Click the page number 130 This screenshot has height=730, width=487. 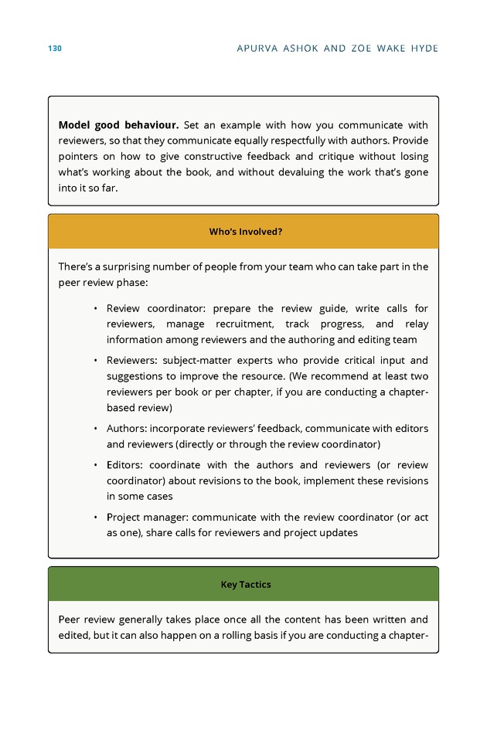[54, 49]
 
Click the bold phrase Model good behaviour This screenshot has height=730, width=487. [118, 125]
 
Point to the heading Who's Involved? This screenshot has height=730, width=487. [245, 232]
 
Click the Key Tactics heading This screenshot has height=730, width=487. [245, 585]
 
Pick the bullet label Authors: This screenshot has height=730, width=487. [126, 429]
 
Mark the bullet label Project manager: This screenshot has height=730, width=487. [147, 518]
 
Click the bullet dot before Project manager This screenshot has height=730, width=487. [94, 518]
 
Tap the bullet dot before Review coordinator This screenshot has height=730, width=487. [94, 309]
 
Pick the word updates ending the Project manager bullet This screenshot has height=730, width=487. [338, 533]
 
